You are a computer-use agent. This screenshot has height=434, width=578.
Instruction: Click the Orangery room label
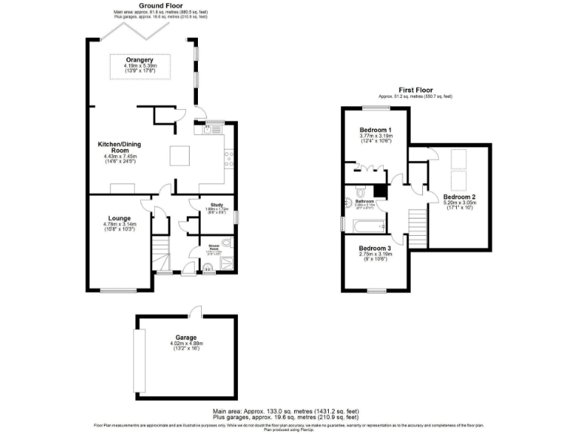[141, 60]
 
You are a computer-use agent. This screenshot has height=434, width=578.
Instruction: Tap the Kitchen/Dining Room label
[120, 146]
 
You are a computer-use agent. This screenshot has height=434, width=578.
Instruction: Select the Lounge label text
[118, 219]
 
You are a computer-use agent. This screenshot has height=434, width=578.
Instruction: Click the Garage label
[186, 338]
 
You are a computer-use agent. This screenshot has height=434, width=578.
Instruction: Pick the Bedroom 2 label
[459, 197]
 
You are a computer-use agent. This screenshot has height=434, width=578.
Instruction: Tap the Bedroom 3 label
[374, 249]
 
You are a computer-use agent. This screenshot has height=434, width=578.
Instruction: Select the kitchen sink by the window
[208, 130]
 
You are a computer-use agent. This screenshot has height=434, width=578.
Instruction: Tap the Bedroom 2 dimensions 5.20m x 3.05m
[459, 203]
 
